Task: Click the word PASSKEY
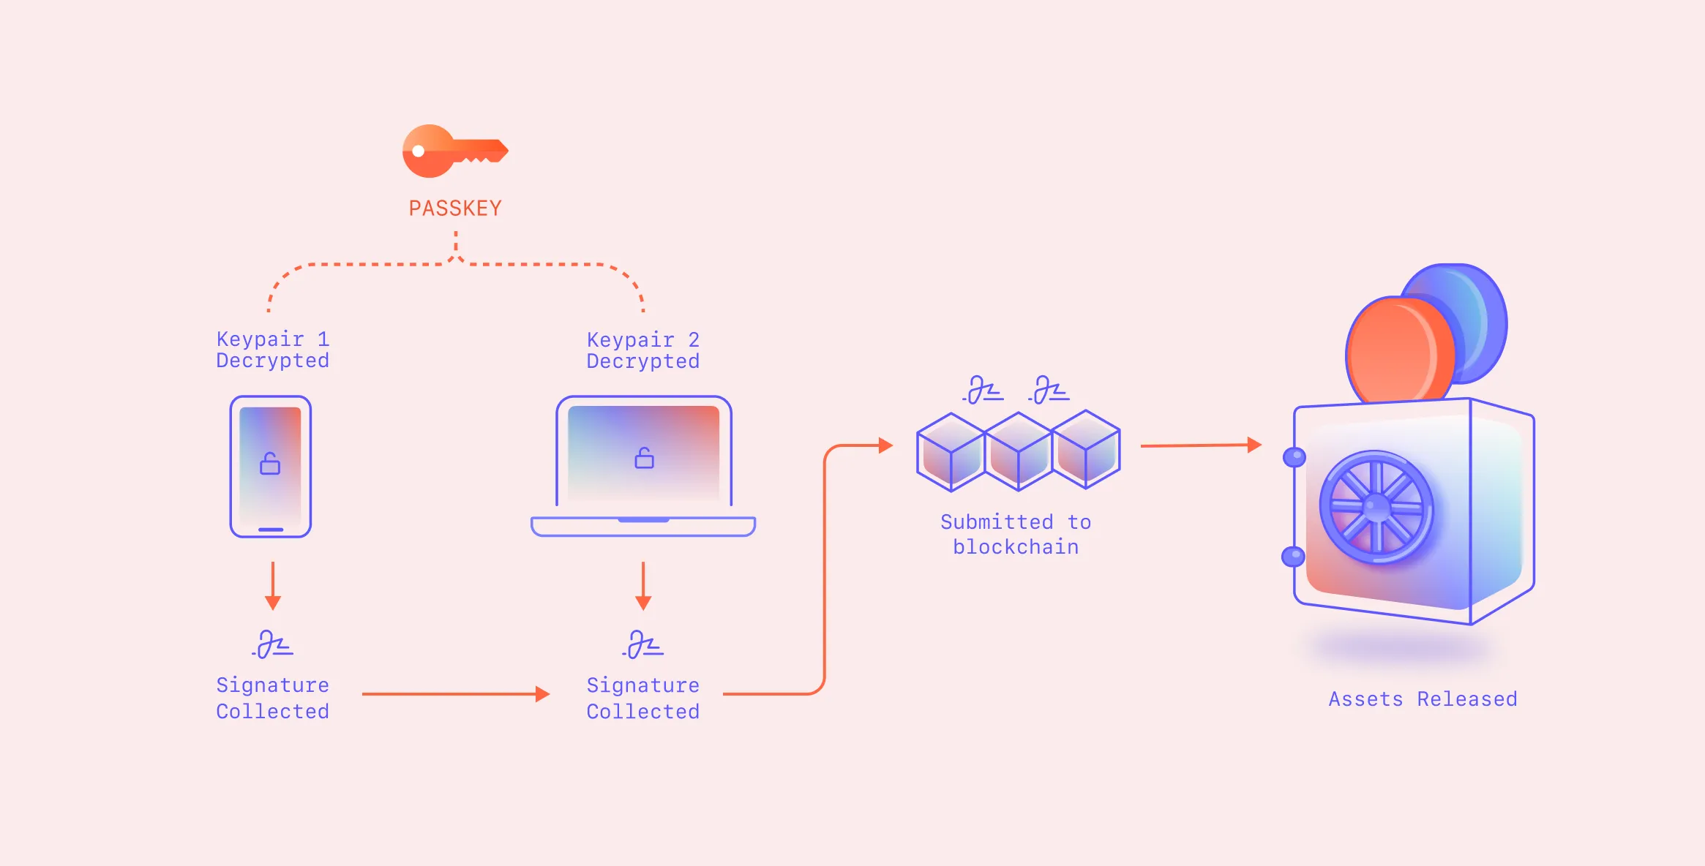click(x=455, y=208)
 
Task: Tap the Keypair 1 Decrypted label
click(x=272, y=350)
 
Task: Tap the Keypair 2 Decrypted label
click(x=642, y=350)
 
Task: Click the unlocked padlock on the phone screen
click(x=270, y=464)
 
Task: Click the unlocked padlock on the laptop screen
click(x=644, y=458)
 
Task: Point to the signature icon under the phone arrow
click(x=273, y=644)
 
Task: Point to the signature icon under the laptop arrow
click(x=643, y=644)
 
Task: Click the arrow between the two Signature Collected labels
click(x=455, y=693)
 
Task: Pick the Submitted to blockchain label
click(x=1015, y=535)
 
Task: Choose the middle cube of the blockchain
click(x=1018, y=452)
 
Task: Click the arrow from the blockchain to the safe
click(x=1200, y=445)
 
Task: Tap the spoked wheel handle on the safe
click(x=1376, y=507)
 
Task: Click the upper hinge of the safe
click(x=1294, y=457)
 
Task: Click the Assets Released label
click(x=1423, y=699)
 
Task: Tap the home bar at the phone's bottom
click(x=271, y=530)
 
